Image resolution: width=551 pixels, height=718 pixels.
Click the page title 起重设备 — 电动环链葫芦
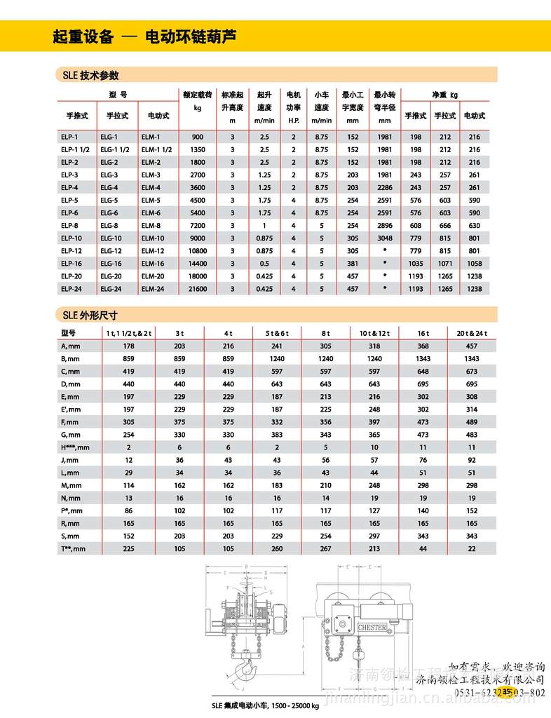pos(144,37)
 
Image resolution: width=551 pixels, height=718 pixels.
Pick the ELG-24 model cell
pos(110,289)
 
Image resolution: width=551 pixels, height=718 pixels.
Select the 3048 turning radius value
pos(384,238)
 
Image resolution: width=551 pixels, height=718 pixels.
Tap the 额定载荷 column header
pos(197,100)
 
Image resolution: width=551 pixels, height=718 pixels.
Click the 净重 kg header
pos(444,93)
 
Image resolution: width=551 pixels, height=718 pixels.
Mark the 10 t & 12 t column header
pos(374,332)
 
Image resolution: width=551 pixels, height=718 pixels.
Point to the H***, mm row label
pos(76,447)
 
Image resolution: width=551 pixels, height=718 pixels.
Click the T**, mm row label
pos(73,549)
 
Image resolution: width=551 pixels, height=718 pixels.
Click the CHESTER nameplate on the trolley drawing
pos(372,628)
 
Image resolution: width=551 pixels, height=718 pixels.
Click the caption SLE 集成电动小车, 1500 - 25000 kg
pos(266,706)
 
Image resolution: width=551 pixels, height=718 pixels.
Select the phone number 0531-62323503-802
pos(500,693)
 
